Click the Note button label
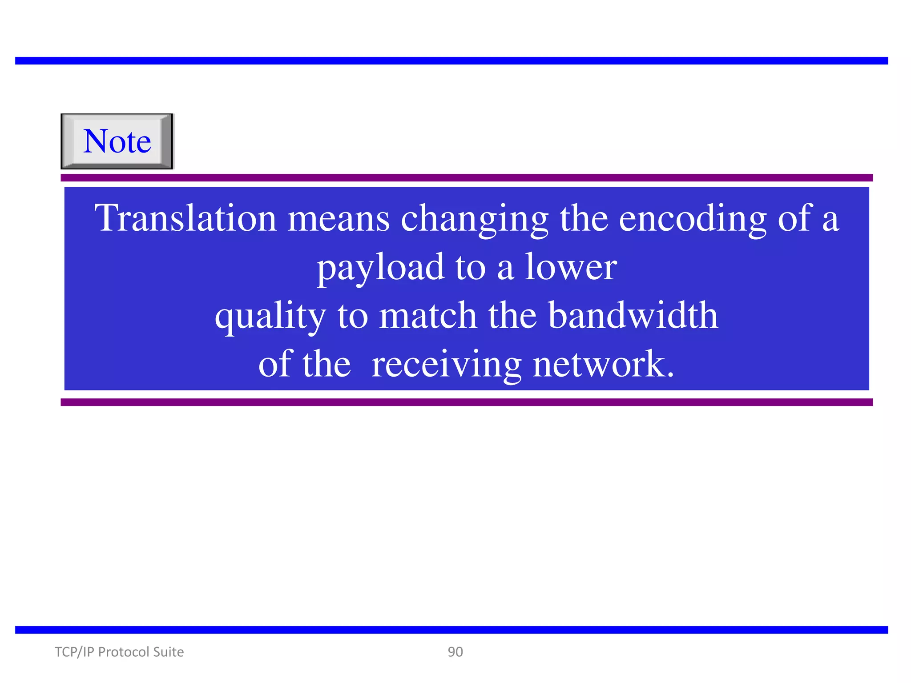tap(117, 141)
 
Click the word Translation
tap(185, 218)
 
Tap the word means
tap(339, 219)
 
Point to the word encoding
tap(693, 219)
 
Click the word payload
tap(380, 268)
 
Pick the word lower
tap(571, 267)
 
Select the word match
tap(428, 316)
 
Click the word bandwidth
tap(633, 316)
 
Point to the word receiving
tap(446, 365)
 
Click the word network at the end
tap(603, 365)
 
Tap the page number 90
tap(455, 652)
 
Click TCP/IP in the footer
tap(74, 652)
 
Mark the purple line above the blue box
tap(467, 178)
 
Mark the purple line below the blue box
tap(467, 402)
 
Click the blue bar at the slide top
tap(451, 61)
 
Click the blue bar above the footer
tap(451, 630)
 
